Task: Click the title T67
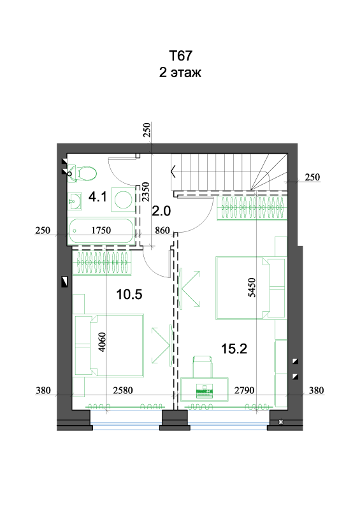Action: pos(180,55)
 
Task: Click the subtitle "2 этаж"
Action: pos(180,72)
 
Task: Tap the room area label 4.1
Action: pos(97,197)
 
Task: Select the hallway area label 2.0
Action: pos(161,211)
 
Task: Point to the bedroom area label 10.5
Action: pos(129,295)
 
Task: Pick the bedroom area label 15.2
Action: pos(234,349)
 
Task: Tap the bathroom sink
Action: pos(75,201)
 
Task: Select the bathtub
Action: pos(101,231)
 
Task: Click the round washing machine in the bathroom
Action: pos(123,200)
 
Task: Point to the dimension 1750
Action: pos(101,230)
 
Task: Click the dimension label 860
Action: pos(162,230)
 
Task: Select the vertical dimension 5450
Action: pos(252,288)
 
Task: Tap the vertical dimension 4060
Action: pos(102,342)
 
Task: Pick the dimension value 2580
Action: pos(123,390)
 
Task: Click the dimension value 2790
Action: pos(244,390)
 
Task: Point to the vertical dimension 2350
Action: pos(146,192)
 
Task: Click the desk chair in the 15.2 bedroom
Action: pos(202,366)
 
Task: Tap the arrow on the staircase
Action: pos(173,171)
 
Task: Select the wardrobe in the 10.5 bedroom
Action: pos(102,263)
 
